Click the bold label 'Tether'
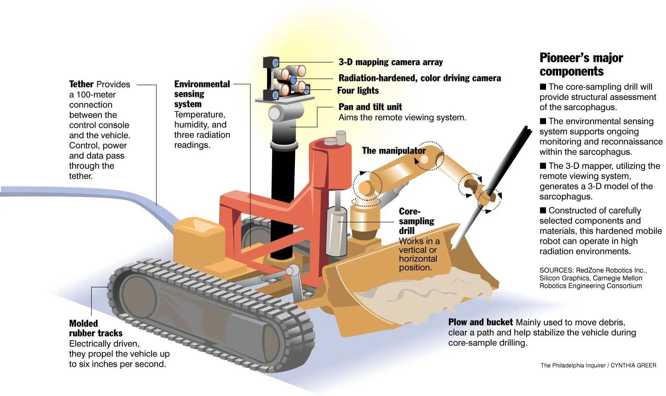pyautogui.click(x=81, y=84)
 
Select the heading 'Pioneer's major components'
pyautogui.click(x=581, y=64)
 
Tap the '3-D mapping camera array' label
pyautogui.click(x=390, y=62)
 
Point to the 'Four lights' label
pyautogui.click(x=358, y=90)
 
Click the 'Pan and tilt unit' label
pyautogui.click(x=370, y=107)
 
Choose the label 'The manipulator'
pyautogui.click(x=393, y=150)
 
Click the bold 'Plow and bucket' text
pyautogui.click(x=480, y=322)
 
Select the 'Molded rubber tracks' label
pyautogui.click(x=95, y=328)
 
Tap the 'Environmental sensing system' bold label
pyautogui.click(x=201, y=94)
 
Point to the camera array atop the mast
pyautogui.click(x=286, y=79)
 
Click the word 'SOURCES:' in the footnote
pyautogui.click(x=556, y=270)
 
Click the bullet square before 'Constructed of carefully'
pyautogui.click(x=543, y=210)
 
